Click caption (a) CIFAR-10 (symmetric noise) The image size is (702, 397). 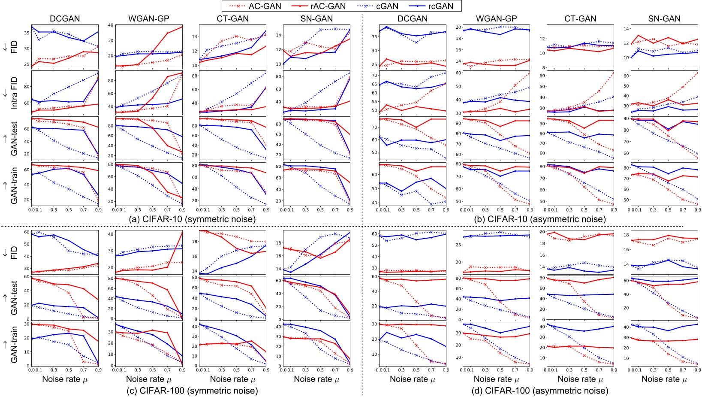(192, 219)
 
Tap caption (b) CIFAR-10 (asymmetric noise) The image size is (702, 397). (540, 219)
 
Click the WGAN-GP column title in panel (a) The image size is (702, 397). (149, 19)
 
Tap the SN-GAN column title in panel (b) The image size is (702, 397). (664, 19)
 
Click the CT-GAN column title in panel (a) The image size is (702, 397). (232, 19)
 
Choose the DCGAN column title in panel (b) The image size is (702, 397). (413, 19)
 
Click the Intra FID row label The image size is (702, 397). (15, 92)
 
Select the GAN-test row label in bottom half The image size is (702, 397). (15, 298)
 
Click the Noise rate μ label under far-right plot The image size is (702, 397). (664, 379)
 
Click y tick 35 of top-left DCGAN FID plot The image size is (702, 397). (27, 32)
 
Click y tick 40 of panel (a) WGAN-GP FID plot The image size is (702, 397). (110, 25)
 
